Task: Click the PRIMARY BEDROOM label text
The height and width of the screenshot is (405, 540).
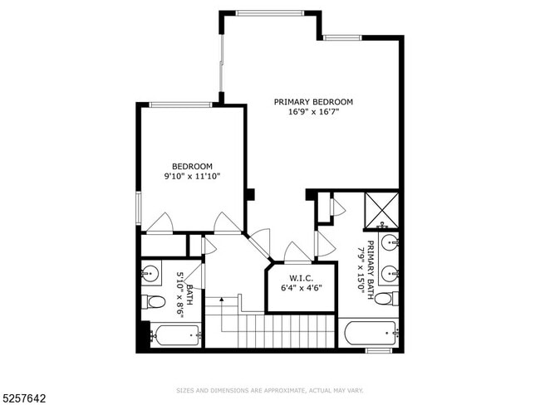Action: point(313,102)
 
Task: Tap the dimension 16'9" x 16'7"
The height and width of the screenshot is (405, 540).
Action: point(313,113)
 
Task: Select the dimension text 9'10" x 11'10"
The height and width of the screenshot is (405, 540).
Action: point(192,176)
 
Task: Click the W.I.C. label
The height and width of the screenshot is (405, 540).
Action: point(301,278)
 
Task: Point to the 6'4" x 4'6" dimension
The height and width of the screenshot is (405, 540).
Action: point(301,289)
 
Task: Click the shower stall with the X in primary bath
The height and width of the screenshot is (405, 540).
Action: point(381,209)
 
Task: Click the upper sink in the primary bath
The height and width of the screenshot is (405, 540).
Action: point(390,243)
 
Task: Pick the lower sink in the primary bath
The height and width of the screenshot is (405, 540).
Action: point(390,271)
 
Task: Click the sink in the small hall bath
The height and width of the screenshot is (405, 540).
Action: point(150,271)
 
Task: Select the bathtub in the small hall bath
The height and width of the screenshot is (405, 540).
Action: point(175,335)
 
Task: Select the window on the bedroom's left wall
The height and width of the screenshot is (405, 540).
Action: point(138,207)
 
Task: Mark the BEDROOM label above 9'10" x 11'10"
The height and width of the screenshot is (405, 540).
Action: point(192,165)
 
